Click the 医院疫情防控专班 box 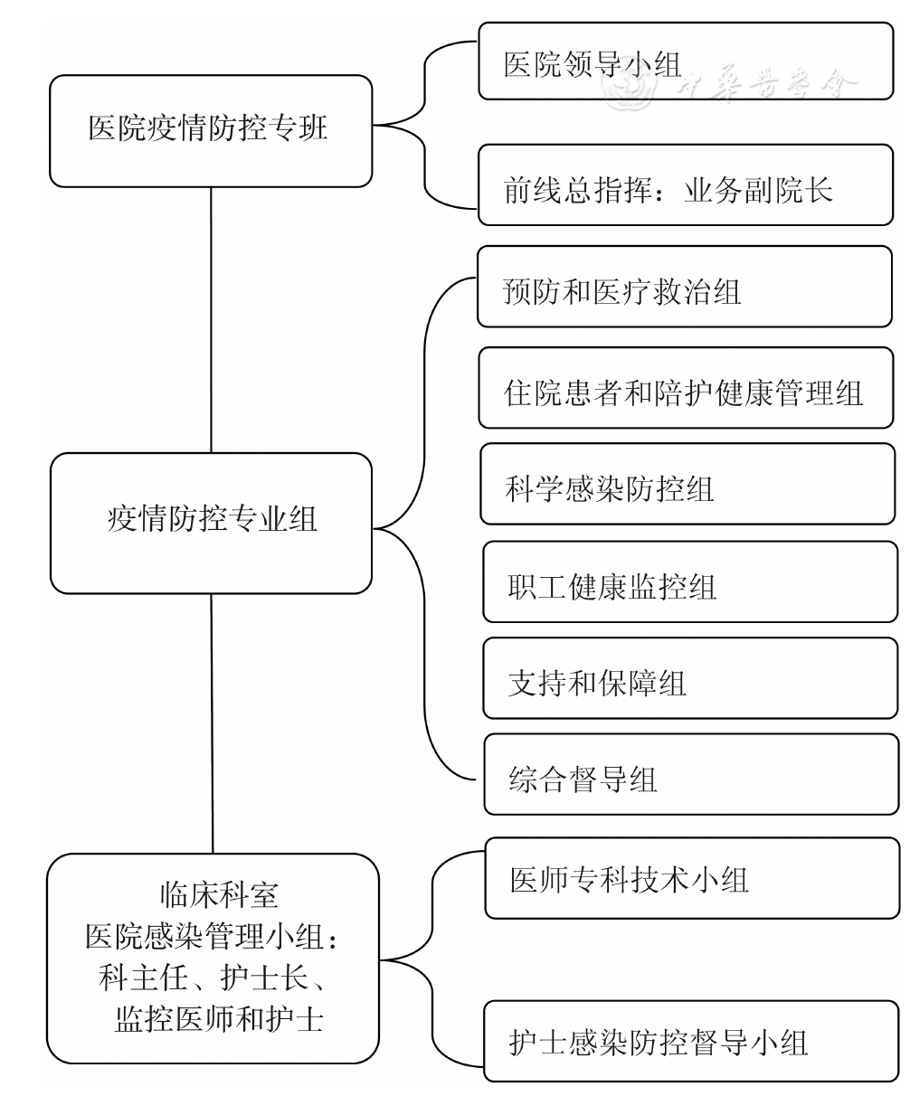[210, 130]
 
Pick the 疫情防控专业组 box [212, 524]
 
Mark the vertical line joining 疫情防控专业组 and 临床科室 [212, 723]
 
